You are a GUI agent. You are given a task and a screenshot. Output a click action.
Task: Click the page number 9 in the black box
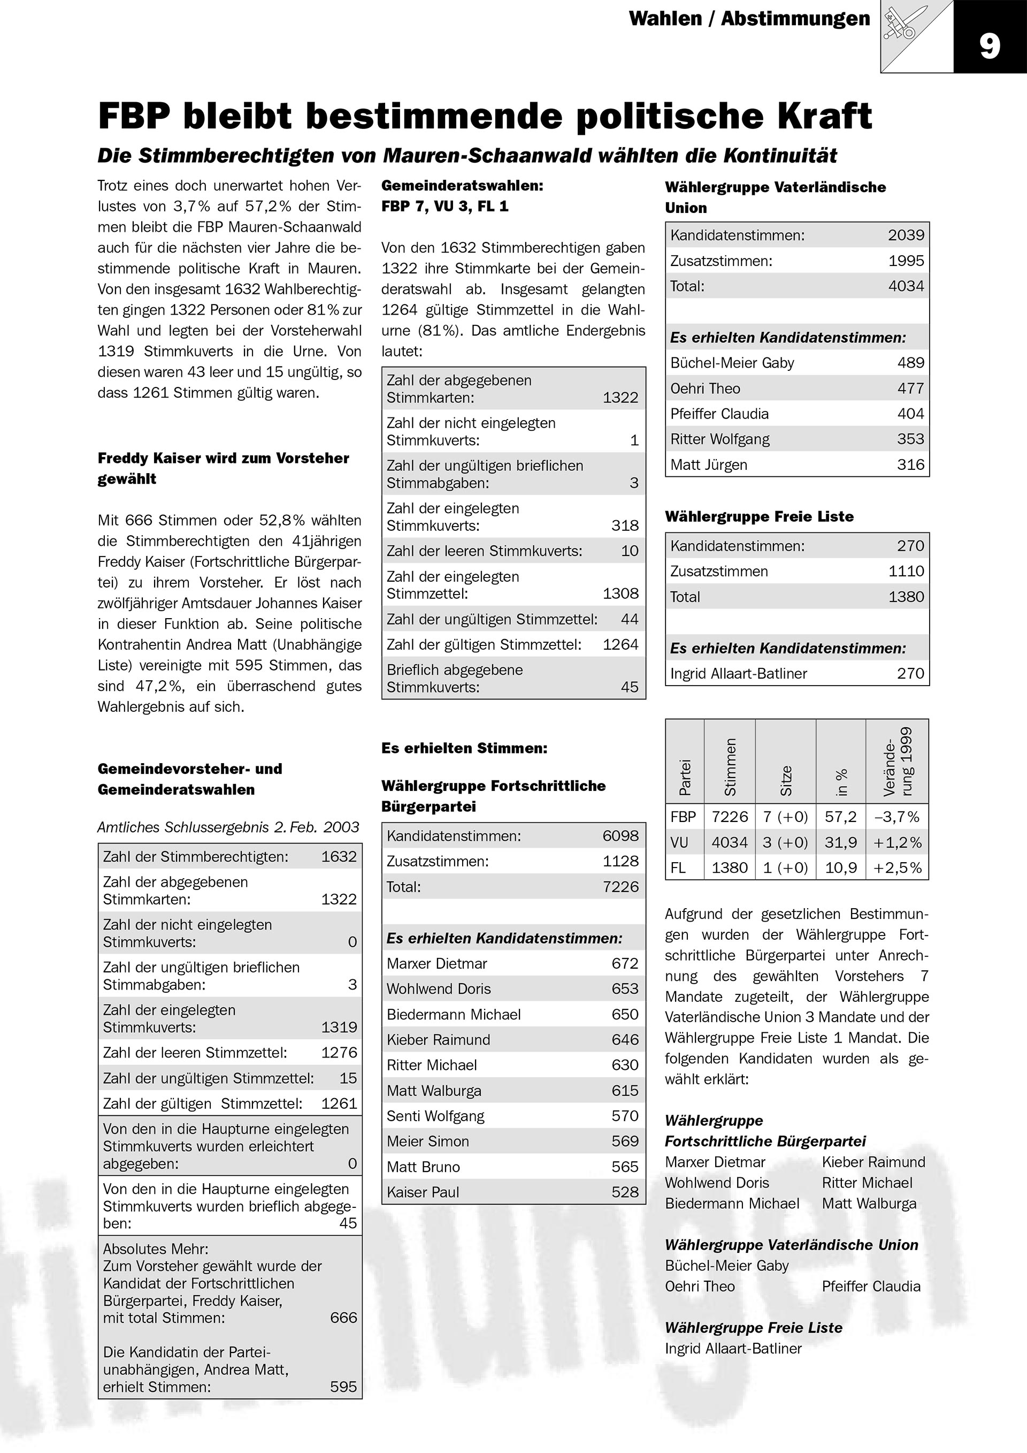[x=990, y=46]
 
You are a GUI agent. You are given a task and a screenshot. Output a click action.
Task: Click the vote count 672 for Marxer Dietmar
[x=625, y=963]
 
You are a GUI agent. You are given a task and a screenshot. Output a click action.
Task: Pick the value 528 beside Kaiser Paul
[x=625, y=1192]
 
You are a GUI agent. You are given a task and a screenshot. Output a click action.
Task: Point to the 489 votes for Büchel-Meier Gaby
[x=910, y=363]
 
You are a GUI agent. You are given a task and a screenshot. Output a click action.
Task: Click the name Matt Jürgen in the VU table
[x=708, y=465]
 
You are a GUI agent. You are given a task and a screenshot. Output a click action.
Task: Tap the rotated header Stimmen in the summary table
[x=731, y=767]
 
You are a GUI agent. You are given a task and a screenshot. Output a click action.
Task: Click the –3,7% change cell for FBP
[x=896, y=817]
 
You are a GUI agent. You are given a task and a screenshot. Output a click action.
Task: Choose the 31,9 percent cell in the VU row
[x=840, y=843]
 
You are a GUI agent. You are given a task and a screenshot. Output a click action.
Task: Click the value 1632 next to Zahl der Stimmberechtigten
[x=339, y=857]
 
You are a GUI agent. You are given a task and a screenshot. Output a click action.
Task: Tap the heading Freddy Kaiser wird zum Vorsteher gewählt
[x=223, y=468]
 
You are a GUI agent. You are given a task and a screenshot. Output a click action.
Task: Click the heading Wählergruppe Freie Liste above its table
[x=759, y=516]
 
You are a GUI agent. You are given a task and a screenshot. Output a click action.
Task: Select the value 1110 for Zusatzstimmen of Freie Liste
[x=906, y=572]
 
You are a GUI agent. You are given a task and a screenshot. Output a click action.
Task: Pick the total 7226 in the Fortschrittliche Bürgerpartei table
[x=620, y=887]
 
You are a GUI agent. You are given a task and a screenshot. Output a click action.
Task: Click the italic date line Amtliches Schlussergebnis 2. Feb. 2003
[x=228, y=827]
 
